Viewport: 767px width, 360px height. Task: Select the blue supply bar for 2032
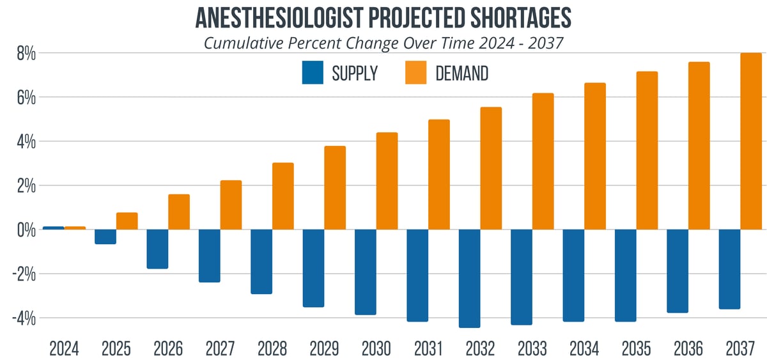click(x=469, y=278)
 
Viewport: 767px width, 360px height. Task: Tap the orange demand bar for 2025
click(x=127, y=221)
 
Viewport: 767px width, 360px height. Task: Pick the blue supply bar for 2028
click(x=261, y=261)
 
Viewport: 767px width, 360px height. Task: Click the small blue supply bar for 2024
click(x=53, y=228)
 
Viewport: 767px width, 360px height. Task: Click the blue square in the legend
click(x=313, y=73)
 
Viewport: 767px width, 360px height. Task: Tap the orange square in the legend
click(x=416, y=73)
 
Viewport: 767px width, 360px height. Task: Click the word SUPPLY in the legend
click(x=355, y=74)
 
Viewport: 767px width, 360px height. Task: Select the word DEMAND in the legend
click(x=461, y=74)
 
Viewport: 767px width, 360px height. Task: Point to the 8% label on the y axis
click(x=26, y=54)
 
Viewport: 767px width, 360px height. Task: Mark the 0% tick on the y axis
click(x=26, y=230)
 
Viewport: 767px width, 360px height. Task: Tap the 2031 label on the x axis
click(x=428, y=348)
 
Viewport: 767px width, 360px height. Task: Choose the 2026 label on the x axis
click(x=168, y=348)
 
